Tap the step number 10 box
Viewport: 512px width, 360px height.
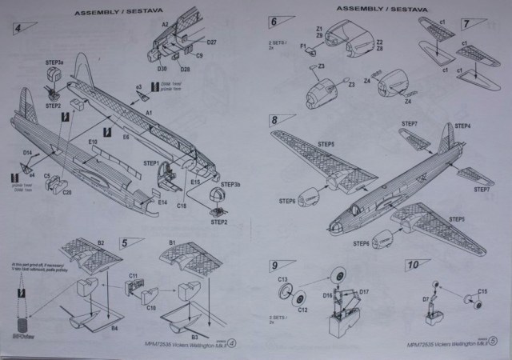pyautogui.click(x=413, y=265)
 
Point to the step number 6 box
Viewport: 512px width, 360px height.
pyautogui.click(x=274, y=22)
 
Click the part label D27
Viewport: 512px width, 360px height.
pyautogui.click(x=211, y=42)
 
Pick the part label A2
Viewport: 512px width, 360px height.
pyautogui.click(x=166, y=25)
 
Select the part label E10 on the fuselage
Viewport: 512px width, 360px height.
pyautogui.click(x=93, y=142)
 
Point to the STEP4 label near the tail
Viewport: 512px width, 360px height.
pyautogui.click(x=462, y=126)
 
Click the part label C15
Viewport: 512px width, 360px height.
pyautogui.click(x=482, y=290)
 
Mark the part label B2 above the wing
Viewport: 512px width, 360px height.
pyautogui.click(x=102, y=241)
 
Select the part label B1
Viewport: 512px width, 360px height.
pyautogui.click(x=172, y=241)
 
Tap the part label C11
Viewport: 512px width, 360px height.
pyautogui.click(x=134, y=277)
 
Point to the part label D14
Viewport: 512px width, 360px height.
pyautogui.click(x=27, y=152)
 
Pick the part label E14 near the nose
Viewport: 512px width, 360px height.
pyautogui.click(x=162, y=203)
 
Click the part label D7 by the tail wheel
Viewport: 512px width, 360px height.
pyautogui.click(x=426, y=300)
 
